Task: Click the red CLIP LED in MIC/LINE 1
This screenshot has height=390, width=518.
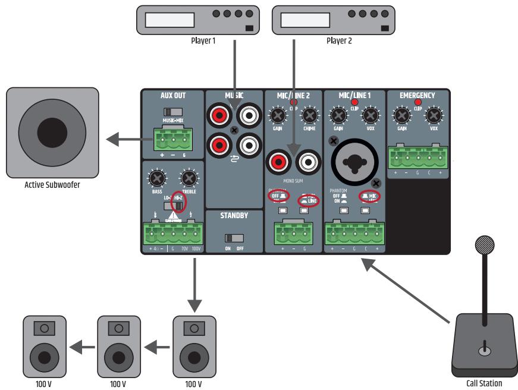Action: pyautogui.click(x=355, y=103)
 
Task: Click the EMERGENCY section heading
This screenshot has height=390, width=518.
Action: pyautogui.click(x=417, y=95)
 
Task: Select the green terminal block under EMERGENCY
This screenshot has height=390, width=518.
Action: pyautogui.click(x=417, y=159)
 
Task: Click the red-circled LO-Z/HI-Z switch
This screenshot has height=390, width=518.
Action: pyautogui.click(x=177, y=203)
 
